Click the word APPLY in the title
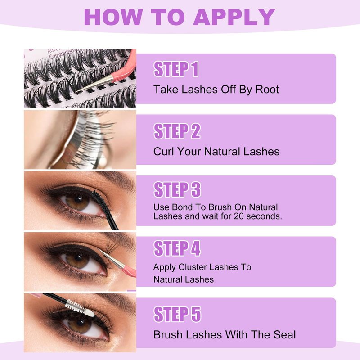click(x=234, y=17)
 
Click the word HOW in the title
click(x=113, y=17)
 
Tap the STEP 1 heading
click(x=176, y=69)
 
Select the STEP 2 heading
click(x=177, y=131)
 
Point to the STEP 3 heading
click(x=177, y=189)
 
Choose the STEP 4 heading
click(x=177, y=248)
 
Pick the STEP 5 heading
click(x=177, y=314)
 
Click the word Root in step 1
click(x=267, y=90)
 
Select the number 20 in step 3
click(x=239, y=216)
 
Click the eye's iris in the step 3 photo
click(x=77, y=201)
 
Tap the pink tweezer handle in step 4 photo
click(x=129, y=271)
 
